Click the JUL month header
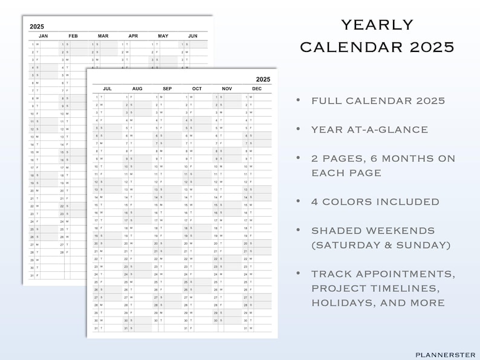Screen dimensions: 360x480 (x=108, y=89)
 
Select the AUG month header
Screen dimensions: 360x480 (x=137, y=89)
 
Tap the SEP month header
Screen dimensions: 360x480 (x=167, y=89)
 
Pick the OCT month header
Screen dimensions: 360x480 (x=197, y=89)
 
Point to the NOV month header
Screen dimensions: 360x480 (x=227, y=89)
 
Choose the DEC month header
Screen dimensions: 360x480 (x=257, y=89)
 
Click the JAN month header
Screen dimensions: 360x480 (x=44, y=36)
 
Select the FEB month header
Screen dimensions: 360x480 (x=73, y=36)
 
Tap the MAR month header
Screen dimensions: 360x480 (x=103, y=36)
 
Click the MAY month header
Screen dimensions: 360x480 (x=163, y=36)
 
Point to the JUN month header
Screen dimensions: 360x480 (x=193, y=36)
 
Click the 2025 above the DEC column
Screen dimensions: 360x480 (x=263, y=79)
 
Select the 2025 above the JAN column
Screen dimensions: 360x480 (x=37, y=27)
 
